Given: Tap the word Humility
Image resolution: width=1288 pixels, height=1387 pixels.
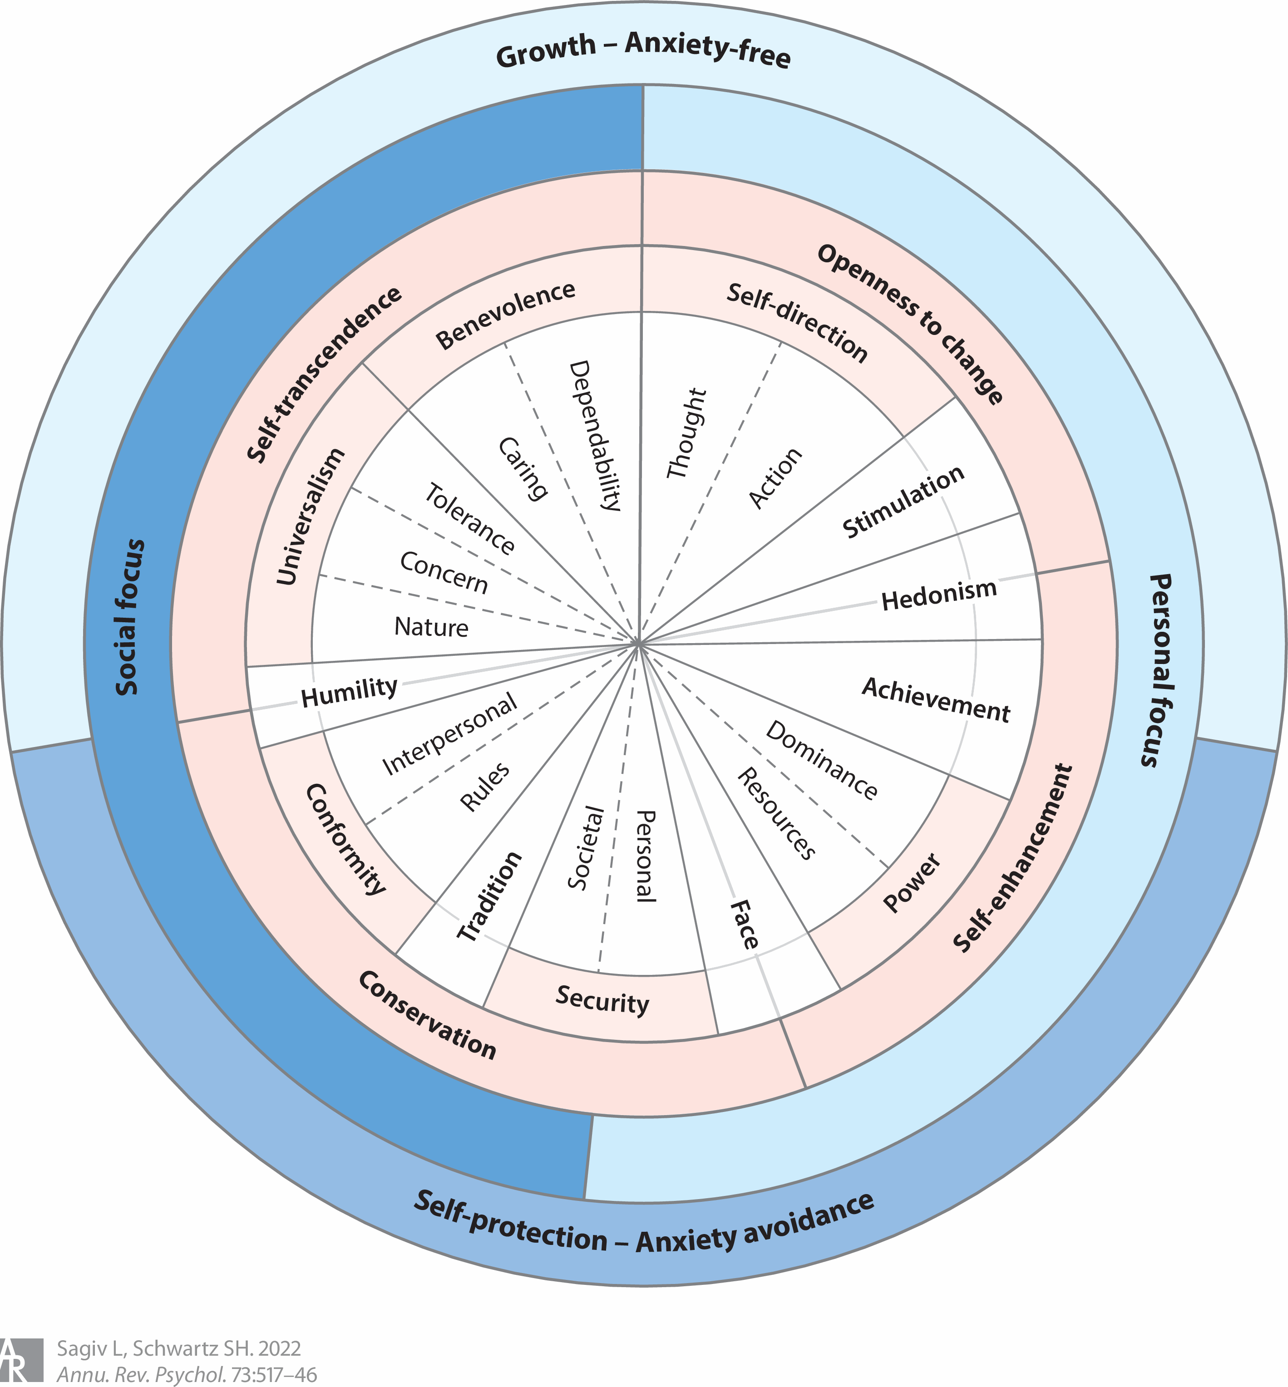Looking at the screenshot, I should click(349, 692).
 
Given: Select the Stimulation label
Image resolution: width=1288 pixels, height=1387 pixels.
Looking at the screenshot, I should click(903, 502).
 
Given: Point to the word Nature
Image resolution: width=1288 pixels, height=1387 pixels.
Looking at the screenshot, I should click(431, 627).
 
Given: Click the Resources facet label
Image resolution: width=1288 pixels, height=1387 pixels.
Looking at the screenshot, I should click(776, 814).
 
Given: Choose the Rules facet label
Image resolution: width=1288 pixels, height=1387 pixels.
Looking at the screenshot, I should click(485, 787).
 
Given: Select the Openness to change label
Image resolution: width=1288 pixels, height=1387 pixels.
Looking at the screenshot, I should click(911, 323).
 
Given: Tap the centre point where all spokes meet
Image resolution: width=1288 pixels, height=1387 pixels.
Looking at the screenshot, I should click(638, 644).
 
